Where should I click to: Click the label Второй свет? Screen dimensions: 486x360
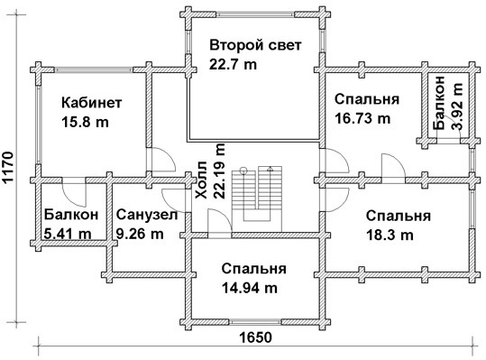255,45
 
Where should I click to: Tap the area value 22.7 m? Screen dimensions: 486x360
233,64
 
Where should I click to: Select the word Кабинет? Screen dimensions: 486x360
92,103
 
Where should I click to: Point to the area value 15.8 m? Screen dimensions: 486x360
86,122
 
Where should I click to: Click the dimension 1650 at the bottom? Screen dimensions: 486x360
256,337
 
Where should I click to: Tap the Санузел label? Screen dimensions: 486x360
147,215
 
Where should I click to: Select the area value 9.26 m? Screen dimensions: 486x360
140,234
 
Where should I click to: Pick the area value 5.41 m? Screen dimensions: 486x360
68,233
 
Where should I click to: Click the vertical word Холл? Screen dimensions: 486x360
201,180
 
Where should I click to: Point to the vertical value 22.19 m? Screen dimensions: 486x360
219,171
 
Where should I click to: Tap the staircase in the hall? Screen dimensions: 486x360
257,198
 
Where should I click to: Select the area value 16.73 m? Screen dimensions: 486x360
362,118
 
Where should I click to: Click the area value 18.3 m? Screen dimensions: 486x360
390,235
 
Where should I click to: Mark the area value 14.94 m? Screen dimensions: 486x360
250,289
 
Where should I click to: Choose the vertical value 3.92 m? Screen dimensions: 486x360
457,106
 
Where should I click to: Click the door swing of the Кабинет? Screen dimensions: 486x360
163,159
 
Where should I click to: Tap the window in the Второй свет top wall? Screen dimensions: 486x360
255,14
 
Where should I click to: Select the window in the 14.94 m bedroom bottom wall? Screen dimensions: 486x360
255,322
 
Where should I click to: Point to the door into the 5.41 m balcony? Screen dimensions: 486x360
74,192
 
